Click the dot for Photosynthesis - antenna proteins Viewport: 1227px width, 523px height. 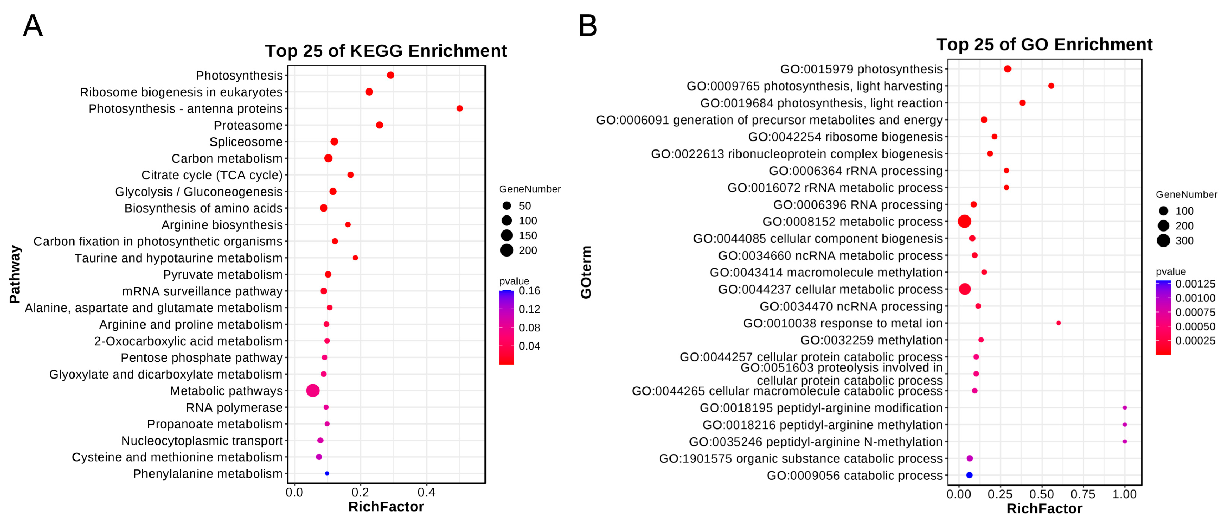460,108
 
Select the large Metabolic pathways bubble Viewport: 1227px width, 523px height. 312,391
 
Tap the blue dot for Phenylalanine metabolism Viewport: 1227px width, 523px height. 327,473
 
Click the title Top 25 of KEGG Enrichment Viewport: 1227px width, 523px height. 386,51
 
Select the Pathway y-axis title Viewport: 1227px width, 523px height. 15,274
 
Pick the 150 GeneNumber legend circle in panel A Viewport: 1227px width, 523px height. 507,235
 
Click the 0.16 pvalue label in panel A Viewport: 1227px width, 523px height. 529,290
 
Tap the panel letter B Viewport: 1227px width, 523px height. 587,26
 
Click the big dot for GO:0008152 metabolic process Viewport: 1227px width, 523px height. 964,222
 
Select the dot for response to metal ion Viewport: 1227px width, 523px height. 1058,323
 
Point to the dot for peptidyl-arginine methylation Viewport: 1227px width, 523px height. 1125,425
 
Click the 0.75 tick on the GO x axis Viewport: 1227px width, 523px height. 1083,494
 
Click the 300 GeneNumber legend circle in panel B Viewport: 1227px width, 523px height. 1163,240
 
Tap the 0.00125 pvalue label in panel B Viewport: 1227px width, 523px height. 1195,284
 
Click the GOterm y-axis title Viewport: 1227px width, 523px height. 586,272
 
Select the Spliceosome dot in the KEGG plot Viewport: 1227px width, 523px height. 334,142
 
